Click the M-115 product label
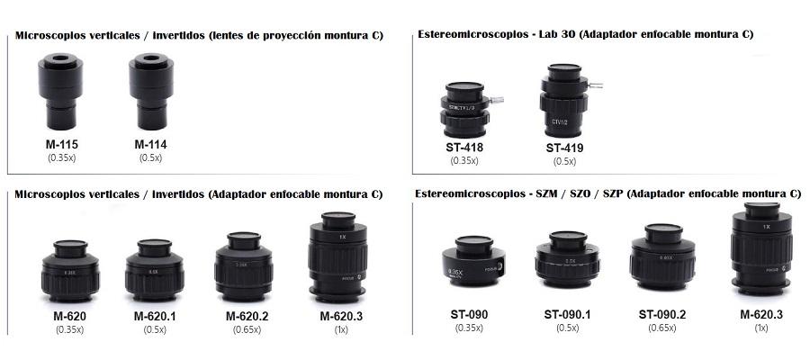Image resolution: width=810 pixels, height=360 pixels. pos(62,145)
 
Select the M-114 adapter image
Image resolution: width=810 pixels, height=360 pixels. pos(151,92)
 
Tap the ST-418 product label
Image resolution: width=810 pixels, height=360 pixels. pos(464,148)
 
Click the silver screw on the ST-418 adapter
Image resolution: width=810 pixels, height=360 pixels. pos(497,100)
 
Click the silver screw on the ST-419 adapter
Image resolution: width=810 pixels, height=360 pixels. pos(596,85)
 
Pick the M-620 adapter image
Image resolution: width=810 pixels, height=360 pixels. pos(70,271)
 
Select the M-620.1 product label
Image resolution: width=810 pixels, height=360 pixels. pos(155,316)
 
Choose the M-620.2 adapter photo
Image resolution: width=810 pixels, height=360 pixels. pos(244,266)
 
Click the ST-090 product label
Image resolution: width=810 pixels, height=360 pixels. pos(469,314)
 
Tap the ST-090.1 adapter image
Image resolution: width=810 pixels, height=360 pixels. pos(568,259)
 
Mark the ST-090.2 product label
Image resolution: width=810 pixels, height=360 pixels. pos(662,314)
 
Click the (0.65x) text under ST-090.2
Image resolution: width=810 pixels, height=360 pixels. pos(662,328)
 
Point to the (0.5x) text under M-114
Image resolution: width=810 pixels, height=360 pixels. pos(150,158)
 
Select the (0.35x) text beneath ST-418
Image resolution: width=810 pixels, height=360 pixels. pos(464,160)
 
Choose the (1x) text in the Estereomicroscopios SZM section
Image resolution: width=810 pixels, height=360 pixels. pos(761,328)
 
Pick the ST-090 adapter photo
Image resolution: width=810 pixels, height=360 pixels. pos(473,261)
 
